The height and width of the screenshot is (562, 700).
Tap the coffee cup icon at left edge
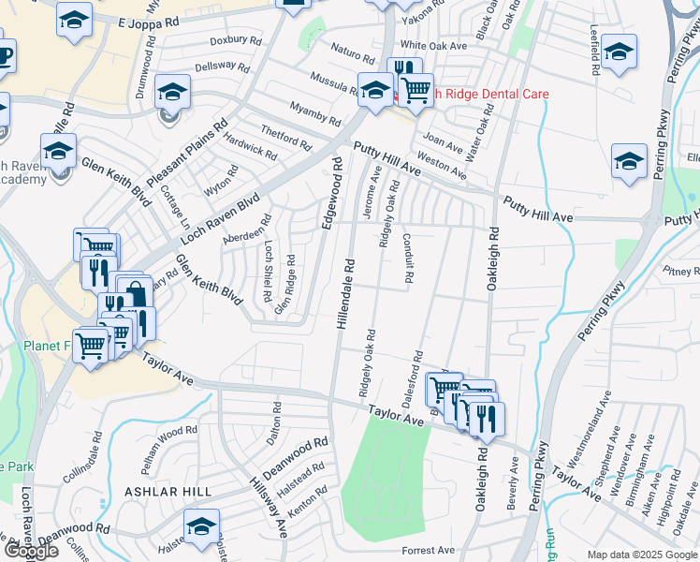[x=4, y=56]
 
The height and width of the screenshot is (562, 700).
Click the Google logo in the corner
[x=32, y=551]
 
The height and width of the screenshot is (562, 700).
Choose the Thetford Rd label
[x=285, y=140]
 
